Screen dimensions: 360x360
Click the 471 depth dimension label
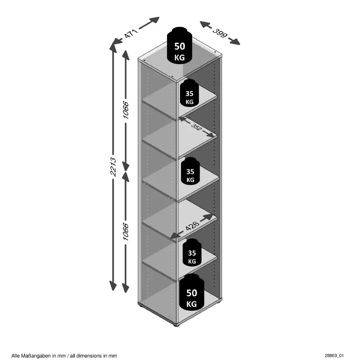pyautogui.click(x=131, y=33)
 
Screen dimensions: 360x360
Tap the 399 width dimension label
pyautogui.click(x=220, y=33)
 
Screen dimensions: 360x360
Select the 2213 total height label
pyautogui.click(x=113, y=167)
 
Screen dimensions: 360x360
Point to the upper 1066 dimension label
pyautogui.click(x=125, y=110)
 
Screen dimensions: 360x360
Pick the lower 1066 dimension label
pyautogui.click(x=125, y=231)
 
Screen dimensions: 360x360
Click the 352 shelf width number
pyautogui.click(x=196, y=127)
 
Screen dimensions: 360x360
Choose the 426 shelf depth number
pyautogui.click(x=192, y=226)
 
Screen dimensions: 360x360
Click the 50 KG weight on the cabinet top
pyautogui.click(x=179, y=45)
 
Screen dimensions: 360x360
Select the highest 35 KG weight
pyautogui.click(x=189, y=93)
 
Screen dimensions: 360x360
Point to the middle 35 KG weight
pyautogui.click(x=190, y=171)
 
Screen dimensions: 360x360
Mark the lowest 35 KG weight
pyautogui.click(x=192, y=253)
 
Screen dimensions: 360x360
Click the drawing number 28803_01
pyautogui.click(x=334, y=356)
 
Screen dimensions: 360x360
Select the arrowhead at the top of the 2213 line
pyautogui.click(x=113, y=47)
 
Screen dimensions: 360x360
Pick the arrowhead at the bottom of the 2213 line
pyautogui.click(x=113, y=286)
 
